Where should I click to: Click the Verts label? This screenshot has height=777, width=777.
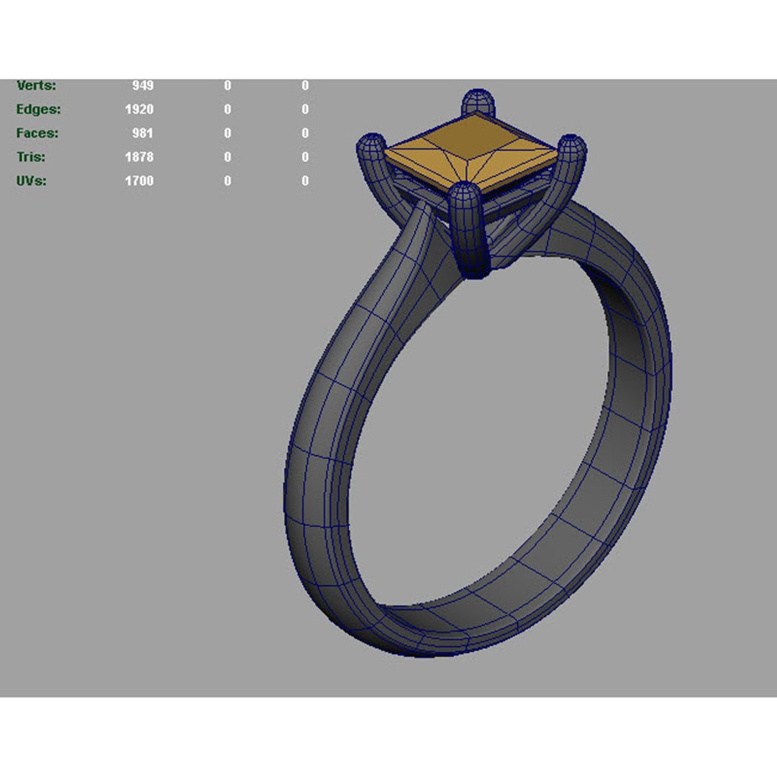coord(36,86)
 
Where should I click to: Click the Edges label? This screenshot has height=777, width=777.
coord(38,109)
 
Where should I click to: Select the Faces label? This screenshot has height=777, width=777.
coord(37,133)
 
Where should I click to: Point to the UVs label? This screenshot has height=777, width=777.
coord(32,181)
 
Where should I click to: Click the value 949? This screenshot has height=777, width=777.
coord(142,86)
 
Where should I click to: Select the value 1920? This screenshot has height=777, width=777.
coord(139,109)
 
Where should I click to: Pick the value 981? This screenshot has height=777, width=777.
coord(142,133)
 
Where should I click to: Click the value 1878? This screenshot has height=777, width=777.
coord(139,157)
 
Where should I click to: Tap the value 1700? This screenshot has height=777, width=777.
coord(139,181)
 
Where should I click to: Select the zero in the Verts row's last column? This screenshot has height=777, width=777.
coord(305,86)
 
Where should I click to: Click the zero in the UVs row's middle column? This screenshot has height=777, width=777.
coord(227,181)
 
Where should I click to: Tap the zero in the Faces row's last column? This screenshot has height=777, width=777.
coord(305,133)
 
